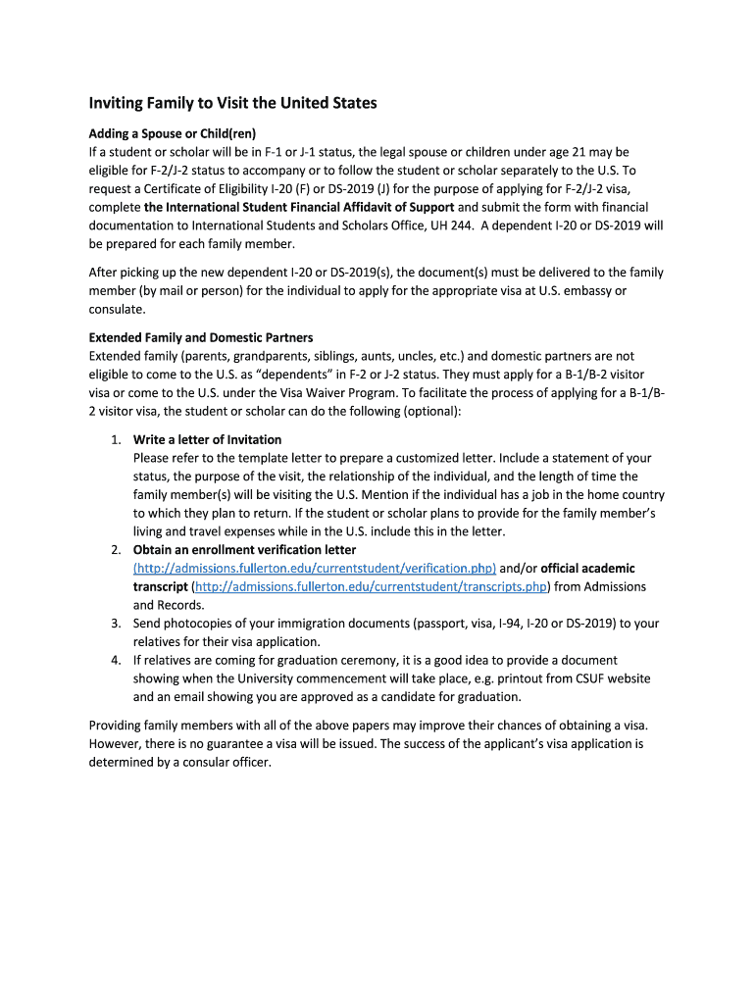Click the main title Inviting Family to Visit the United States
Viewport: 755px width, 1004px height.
click(233, 103)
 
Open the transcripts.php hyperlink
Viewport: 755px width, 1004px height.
click(371, 586)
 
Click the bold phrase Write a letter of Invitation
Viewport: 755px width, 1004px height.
click(207, 439)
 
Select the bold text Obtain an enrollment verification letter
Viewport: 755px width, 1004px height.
click(244, 550)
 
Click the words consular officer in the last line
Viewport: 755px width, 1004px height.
click(225, 762)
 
